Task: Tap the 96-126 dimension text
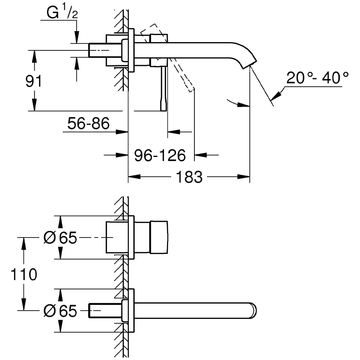[160, 156]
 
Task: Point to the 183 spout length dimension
[189, 177]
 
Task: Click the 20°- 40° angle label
[318, 78]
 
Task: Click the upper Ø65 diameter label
[60, 238]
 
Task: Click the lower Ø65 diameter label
[60, 311]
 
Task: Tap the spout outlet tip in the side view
[251, 64]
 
